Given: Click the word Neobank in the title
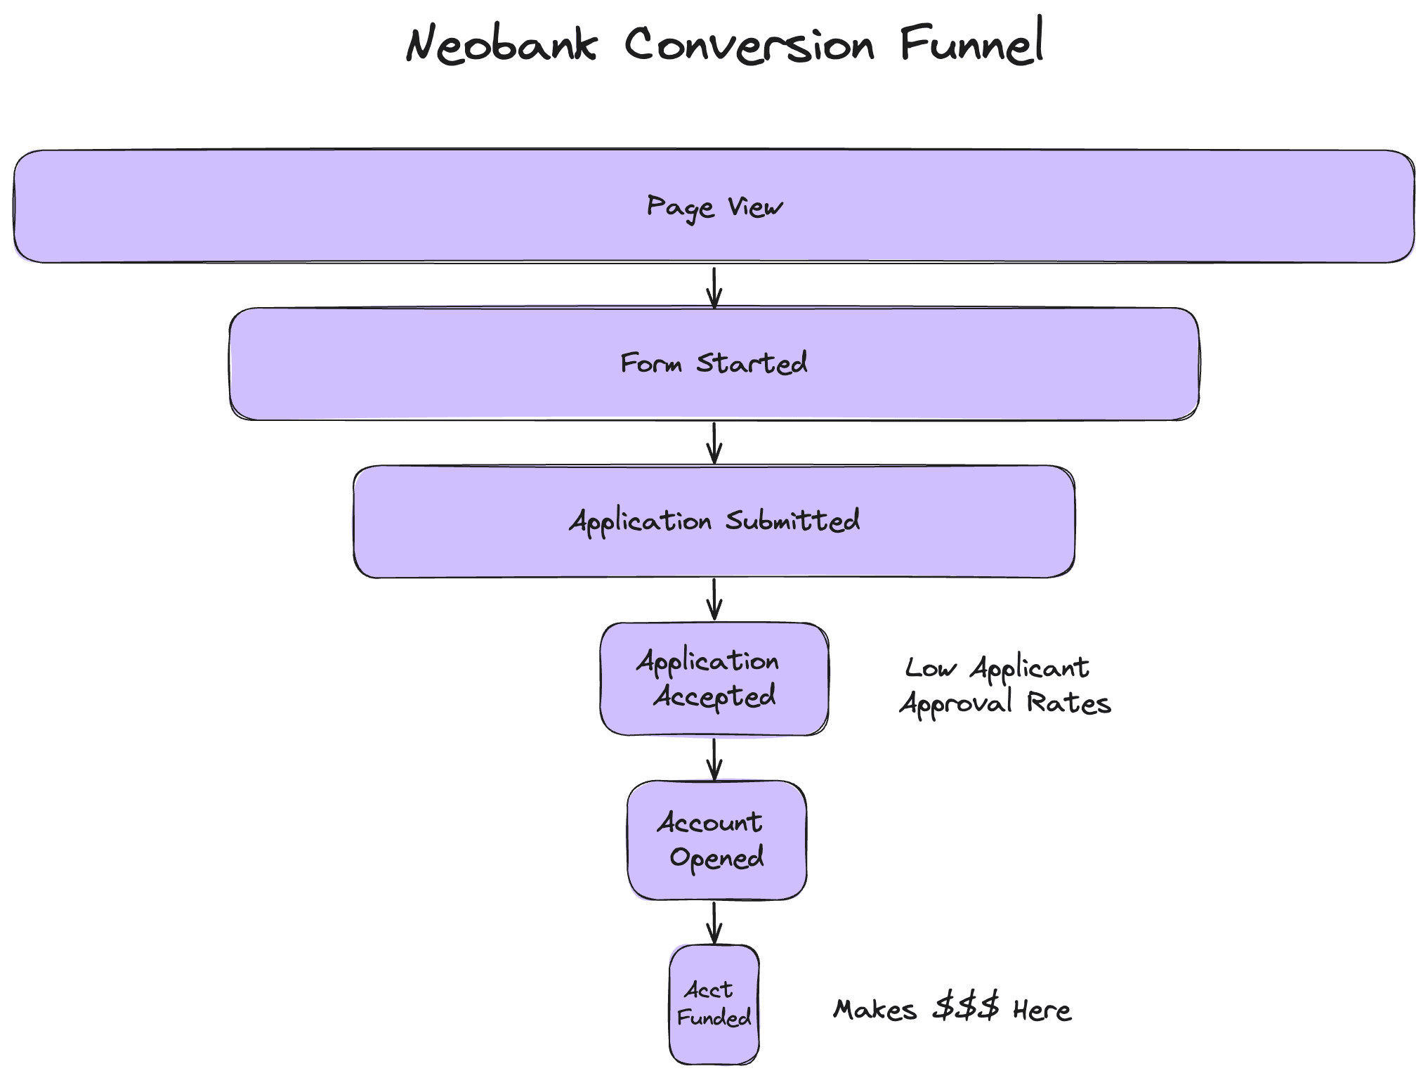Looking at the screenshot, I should [x=502, y=45].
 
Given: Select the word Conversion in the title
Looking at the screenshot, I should [x=749, y=45].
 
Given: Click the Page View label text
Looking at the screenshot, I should [x=714, y=207].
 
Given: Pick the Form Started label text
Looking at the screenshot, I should [x=714, y=363].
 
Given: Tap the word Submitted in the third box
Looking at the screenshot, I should [x=792, y=521].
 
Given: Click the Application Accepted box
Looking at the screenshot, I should [x=714, y=679].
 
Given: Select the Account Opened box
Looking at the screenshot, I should [x=716, y=840].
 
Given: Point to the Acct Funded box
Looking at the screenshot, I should [x=714, y=1004].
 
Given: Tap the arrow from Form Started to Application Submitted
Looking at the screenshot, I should [x=714, y=443].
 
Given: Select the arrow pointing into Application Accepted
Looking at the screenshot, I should [x=714, y=599].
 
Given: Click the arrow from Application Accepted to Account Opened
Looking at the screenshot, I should [x=714, y=759].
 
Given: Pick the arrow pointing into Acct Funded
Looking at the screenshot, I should [x=714, y=923].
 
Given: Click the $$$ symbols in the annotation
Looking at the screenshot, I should [x=966, y=1008].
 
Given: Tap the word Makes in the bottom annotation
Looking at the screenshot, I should [x=875, y=1011].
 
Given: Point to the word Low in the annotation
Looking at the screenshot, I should [x=930, y=668].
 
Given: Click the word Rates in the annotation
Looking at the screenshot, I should [x=1068, y=703].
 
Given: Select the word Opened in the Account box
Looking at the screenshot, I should [x=716, y=858].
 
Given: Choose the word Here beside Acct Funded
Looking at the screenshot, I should [x=1042, y=1011].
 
